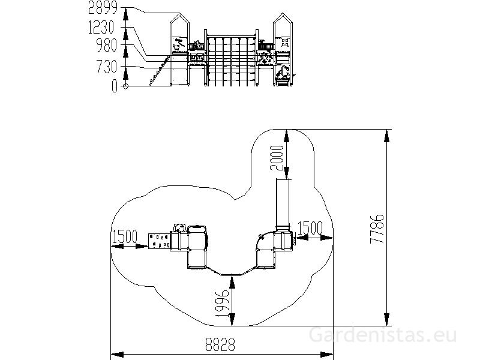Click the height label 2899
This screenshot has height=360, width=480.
tap(103, 8)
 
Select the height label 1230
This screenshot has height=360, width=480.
tap(101, 28)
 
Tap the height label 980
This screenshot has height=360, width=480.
tap(107, 46)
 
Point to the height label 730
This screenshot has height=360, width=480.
tap(107, 67)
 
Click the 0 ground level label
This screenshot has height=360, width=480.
tap(114, 86)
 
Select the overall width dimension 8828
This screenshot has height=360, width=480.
tap(220, 344)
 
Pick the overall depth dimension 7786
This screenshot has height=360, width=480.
tap(377, 229)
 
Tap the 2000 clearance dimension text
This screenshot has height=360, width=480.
tap(277, 158)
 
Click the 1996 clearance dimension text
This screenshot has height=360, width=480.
tap(223, 303)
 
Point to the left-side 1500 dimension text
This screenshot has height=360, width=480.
tap(125, 236)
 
